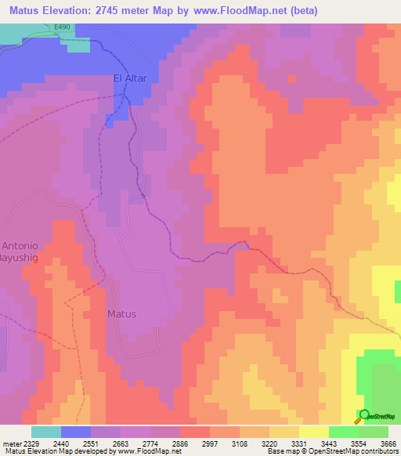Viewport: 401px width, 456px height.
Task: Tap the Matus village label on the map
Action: [121, 314]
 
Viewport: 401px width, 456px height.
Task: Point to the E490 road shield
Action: [64, 27]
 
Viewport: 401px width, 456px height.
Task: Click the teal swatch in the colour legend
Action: [46, 432]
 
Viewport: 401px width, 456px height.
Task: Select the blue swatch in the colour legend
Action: [76, 432]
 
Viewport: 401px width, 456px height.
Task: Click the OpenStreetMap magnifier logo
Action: [364, 414]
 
